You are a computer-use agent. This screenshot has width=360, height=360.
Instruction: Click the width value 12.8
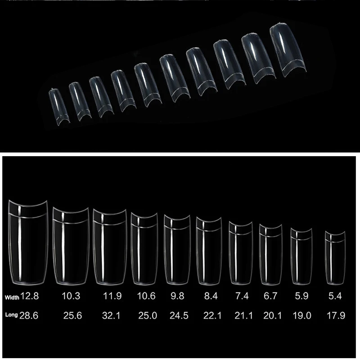30,296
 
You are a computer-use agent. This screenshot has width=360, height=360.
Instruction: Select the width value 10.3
71,296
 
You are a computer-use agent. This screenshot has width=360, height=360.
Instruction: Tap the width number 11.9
112,296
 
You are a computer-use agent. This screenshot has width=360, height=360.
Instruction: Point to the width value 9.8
177,296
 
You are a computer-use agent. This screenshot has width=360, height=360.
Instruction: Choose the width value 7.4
242,296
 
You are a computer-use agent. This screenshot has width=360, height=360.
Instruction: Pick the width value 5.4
335,296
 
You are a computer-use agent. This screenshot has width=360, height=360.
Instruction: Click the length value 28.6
29,316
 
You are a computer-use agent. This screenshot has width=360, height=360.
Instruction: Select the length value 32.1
111,316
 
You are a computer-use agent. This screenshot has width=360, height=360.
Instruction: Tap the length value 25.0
148,316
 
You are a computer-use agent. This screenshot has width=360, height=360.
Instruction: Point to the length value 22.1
212,316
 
